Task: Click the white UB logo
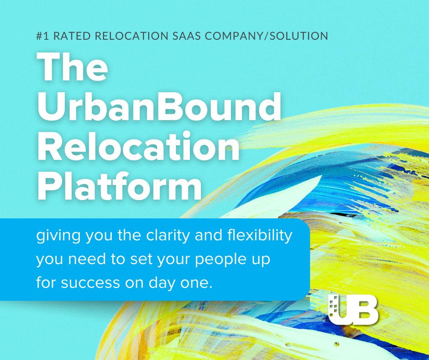pyautogui.click(x=353, y=311)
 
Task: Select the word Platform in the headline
pyautogui.click(x=119, y=187)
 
